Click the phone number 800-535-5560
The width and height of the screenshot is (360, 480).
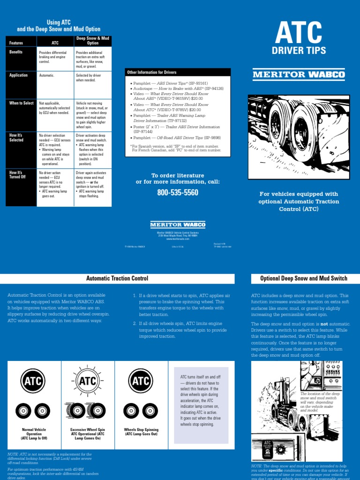tap(178, 193)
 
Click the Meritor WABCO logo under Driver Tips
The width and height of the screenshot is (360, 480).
tap(299, 74)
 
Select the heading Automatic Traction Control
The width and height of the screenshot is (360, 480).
tap(117, 278)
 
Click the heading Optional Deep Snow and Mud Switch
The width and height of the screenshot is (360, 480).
tap(304, 278)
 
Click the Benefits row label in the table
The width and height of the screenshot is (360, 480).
tap(16, 52)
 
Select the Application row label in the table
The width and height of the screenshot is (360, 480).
tap(19, 75)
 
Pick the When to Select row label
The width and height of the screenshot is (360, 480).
tap(22, 102)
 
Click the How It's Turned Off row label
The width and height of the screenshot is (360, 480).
tap(18, 175)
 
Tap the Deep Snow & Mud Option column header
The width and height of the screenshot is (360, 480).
tap(93, 40)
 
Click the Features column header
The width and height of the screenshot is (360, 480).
tap(16, 43)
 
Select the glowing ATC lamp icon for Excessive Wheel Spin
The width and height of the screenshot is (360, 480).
tap(87, 381)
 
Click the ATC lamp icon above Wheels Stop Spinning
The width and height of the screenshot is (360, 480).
tap(140, 381)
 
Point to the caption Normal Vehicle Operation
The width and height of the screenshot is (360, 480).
tap(34, 434)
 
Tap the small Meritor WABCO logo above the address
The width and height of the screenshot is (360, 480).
tap(178, 225)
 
